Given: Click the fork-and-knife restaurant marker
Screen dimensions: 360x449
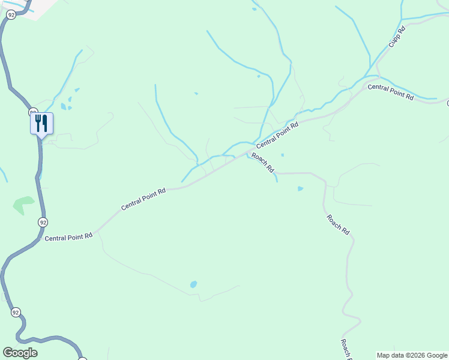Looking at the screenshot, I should point(41,124).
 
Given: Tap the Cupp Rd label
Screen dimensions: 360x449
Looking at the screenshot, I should point(397,37).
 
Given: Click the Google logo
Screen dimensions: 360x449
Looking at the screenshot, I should point(20,353).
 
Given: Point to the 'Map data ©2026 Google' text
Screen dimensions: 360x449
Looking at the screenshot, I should point(412,355).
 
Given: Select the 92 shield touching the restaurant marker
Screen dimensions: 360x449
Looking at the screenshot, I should point(34,112).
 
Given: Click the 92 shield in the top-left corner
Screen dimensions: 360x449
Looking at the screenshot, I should point(10,15).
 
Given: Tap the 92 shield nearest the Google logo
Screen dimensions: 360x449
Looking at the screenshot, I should point(16,312).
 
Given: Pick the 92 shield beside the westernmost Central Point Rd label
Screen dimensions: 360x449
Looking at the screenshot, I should point(43,222).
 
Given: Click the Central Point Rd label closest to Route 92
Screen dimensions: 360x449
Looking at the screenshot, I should point(68,237).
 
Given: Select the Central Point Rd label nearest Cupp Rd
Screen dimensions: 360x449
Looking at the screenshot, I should point(391,92).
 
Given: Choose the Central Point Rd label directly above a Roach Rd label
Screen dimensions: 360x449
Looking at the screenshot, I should point(277,136).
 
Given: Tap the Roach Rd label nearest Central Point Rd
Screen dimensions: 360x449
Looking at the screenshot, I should point(262,163).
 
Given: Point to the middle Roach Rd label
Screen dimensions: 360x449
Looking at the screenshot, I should point(338,224).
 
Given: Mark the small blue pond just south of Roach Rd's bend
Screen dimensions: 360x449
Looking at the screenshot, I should point(300,189).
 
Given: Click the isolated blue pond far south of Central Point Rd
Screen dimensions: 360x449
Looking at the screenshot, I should point(193,284).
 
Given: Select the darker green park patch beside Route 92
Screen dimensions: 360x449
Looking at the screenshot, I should point(23,205).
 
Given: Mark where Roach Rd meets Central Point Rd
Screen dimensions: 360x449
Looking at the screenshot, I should point(246,153).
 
